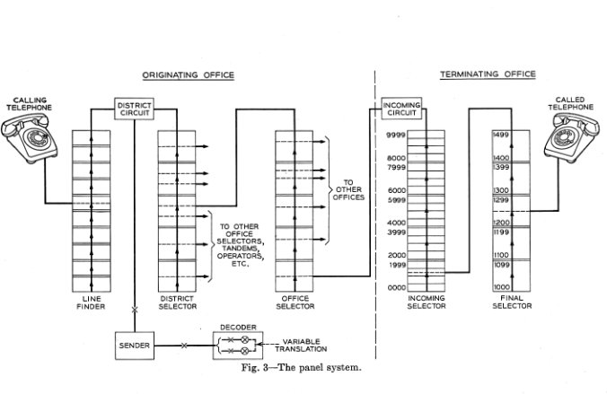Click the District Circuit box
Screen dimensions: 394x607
click(135, 109)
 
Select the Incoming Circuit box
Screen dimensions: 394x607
click(401, 109)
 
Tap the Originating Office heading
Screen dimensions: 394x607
click(189, 74)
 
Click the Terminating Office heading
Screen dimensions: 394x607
click(488, 74)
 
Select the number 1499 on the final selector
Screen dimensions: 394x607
click(502, 135)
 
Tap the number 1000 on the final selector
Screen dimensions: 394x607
click(502, 287)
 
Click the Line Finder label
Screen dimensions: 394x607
click(91, 302)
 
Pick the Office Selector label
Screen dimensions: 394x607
click(295, 302)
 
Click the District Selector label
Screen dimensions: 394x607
click(177, 302)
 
